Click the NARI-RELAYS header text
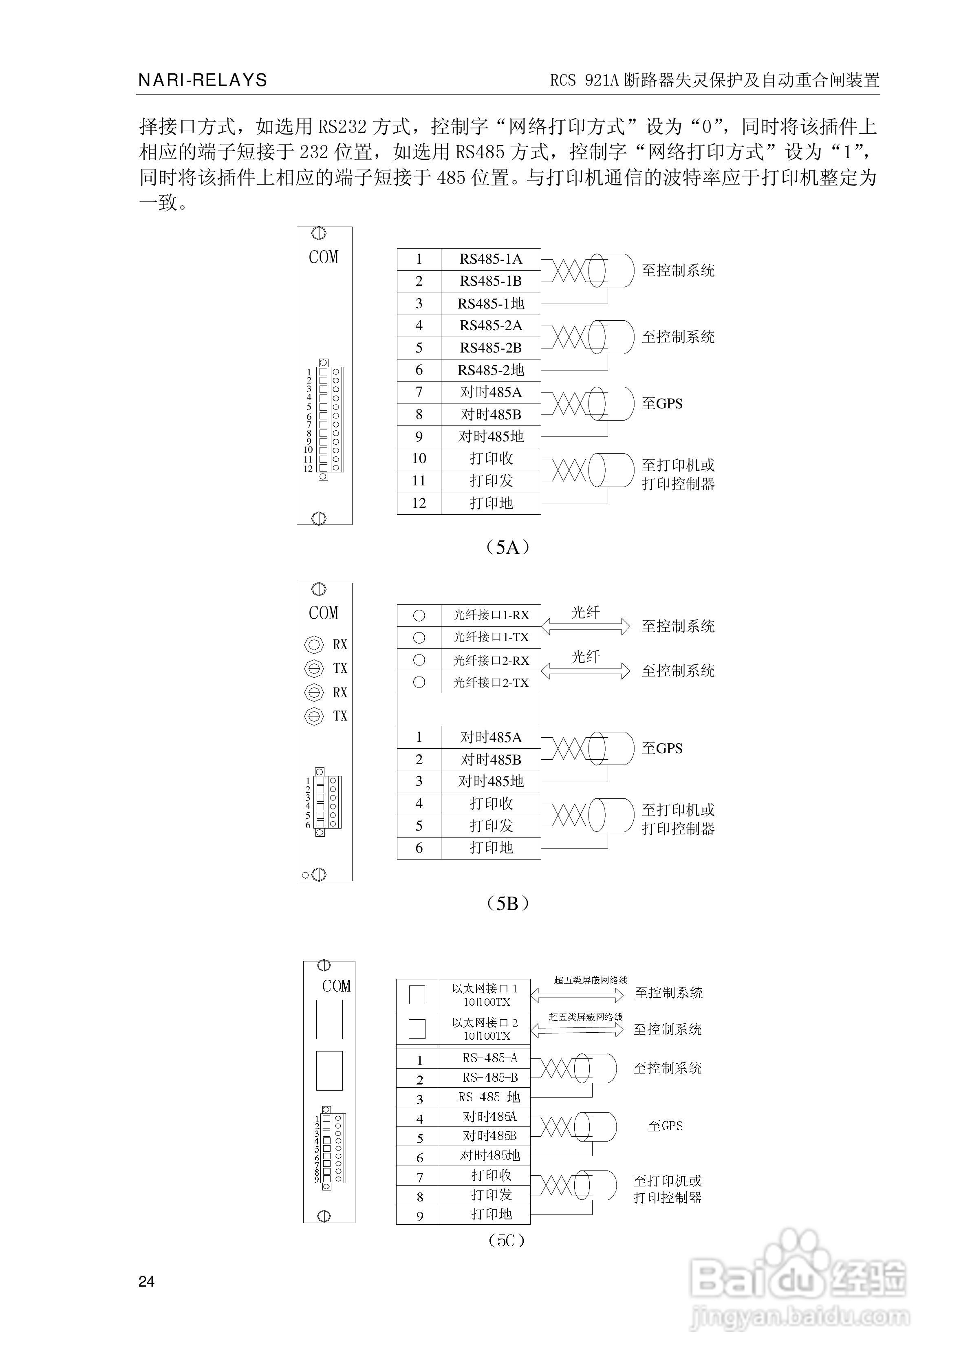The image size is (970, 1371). tap(203, 80)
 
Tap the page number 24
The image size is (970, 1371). tap(146, 1281)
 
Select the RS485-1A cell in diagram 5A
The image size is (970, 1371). tap(490, 259)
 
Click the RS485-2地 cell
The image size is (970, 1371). tap(490, 370)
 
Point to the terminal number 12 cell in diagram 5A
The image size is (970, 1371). tap(419, 503)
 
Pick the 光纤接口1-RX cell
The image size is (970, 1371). tap(490, 615)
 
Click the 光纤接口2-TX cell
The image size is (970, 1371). tap(490, 683)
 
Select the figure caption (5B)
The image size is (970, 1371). tap(507, 904)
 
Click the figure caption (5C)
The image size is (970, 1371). tap(506, 1241)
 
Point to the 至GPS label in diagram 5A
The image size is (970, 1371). tap(662, 403)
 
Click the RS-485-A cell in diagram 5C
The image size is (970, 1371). tap(490, 1058)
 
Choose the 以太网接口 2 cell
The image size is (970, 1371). tap(485, 1028)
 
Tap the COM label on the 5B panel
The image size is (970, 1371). tap(323, 613)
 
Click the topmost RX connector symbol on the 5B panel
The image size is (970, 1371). tap(314, 644)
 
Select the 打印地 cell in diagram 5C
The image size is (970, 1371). tap(491, 1214)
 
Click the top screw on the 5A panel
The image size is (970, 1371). tap(319, 234)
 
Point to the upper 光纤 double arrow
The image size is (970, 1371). tap(585, 626)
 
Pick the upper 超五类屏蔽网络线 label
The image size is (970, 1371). tap(590, 980)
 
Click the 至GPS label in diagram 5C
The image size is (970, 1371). tap(665, 1126)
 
